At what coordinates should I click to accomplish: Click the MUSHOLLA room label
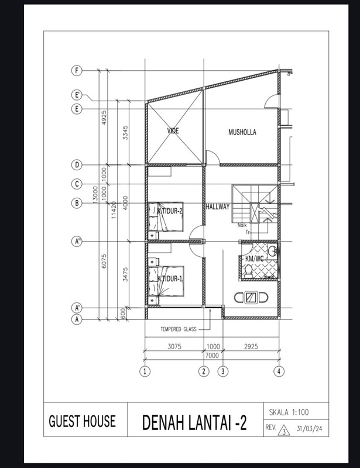click(242, 132)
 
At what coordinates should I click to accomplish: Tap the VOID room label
click(173, 131)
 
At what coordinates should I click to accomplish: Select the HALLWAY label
click(218, 207)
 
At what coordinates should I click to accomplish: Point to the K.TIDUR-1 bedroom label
click(170, 278)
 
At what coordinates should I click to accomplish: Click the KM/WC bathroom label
click(255, 258)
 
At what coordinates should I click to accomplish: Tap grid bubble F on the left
click(76, 71)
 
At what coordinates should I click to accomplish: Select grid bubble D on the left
click(76, 164)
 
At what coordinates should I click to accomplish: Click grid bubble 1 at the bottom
click(145, 371)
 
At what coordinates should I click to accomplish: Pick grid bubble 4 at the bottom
click(280, 371)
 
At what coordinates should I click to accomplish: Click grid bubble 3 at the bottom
click(222, 371)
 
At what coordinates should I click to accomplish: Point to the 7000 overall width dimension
click(211, 355)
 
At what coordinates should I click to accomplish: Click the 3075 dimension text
click(174, 346)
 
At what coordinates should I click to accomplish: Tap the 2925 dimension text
click(251, 346)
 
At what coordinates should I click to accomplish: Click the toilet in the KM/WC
click(248, 271)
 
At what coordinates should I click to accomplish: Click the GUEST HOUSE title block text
click(82, 421)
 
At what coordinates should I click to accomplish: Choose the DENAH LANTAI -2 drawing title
click(194, 422)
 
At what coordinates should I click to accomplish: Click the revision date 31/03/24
click(310, 429)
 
